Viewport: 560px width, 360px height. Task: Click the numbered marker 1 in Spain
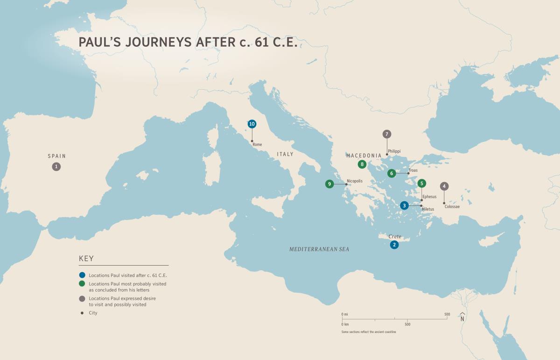click(x=56, y=166)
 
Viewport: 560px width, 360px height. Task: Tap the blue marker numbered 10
click(x=252, y=124)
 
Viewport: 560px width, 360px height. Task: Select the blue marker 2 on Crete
click(x=394, y=245)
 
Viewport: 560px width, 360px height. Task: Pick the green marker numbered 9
click(x=329, y=184)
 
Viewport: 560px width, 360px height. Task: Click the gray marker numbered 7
click(x=386, y=134)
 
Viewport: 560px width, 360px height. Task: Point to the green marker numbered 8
click(x=362, y=164)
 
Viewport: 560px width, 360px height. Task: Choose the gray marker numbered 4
click(x=444, y=186)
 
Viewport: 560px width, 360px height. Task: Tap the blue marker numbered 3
click(x=405, y=205)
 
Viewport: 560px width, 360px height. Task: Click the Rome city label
click(x=257, y=145)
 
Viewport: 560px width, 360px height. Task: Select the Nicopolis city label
click(x=354, y=181)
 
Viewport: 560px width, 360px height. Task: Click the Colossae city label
click(x=452, y=206)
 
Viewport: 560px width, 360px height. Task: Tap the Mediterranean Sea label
click(x=319, y=249)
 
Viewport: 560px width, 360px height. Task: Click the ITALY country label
click(x=285, y=154)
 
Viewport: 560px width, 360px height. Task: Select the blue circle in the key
click(x=82, y=275)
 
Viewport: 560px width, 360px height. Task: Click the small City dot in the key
click(x=82, y=313)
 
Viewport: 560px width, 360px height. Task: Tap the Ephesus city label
click(x=429, y=197)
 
